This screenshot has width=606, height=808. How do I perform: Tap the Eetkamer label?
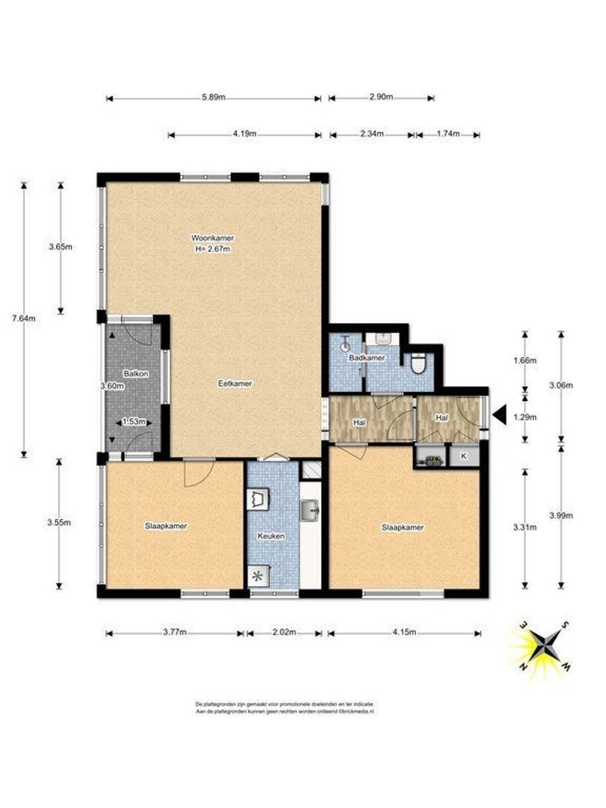(x=236, y=383)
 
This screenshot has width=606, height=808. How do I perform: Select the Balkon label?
(x=135, y=373)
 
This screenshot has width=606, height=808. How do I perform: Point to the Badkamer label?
(x=367, y=358)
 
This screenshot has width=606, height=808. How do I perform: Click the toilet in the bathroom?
(x=418, y=363)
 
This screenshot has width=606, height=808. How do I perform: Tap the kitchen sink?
(x=310, y=511)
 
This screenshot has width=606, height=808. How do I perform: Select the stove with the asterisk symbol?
(x=259, y=576)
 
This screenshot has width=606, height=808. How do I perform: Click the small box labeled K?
(x=463, y=456)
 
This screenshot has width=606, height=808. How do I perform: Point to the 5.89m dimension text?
(x=213, y=98)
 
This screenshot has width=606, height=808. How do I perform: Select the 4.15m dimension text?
(x=404, y=633)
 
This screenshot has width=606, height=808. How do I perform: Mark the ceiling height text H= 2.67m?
(x=211, y=249)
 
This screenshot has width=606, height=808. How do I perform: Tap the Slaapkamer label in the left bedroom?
(x=165, y=526)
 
